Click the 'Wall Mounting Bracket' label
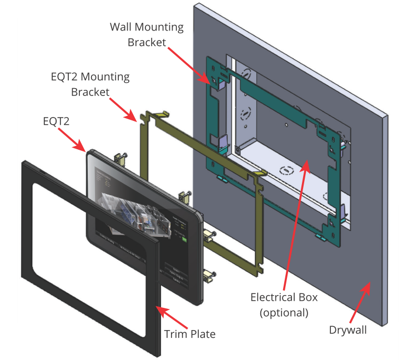tap(147, 34)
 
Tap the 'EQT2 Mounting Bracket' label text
tap(89, 84)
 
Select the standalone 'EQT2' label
tap(58, 120)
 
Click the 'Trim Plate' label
tap(189, 334)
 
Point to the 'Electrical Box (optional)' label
tap(284, 305)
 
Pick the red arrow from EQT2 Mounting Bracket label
tap(122, 108)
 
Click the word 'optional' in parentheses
tap(284, 312)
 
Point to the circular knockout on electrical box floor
tap(286, 170)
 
